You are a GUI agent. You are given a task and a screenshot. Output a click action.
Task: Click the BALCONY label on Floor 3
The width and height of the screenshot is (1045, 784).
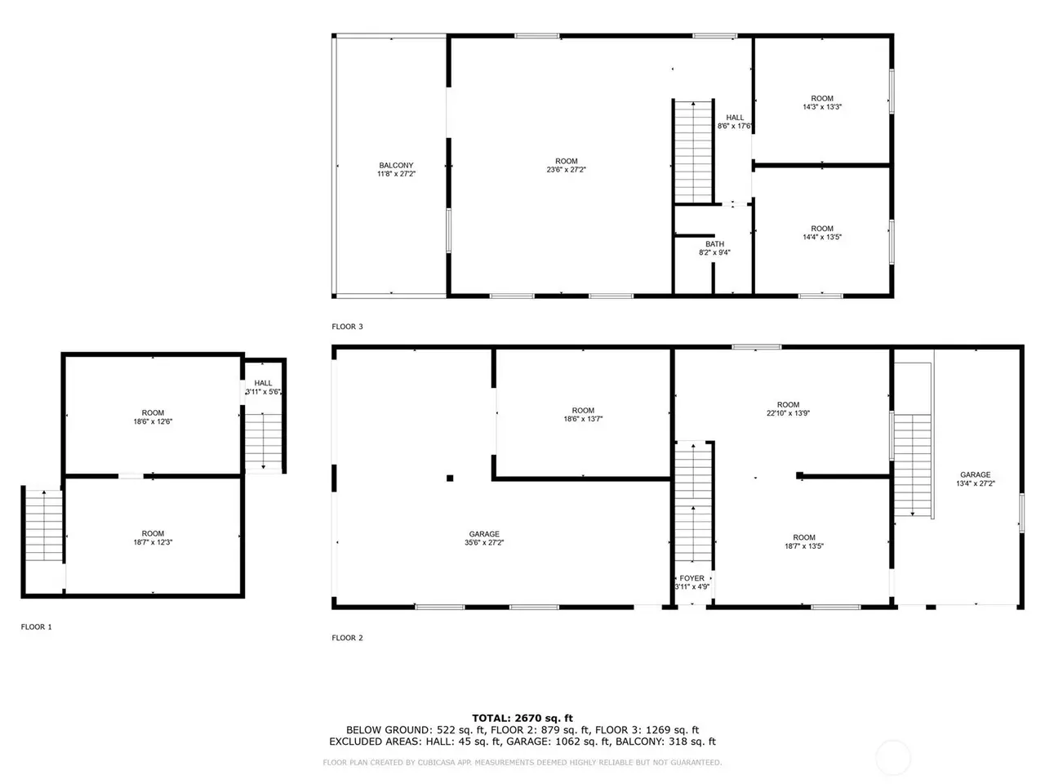click(396, 165)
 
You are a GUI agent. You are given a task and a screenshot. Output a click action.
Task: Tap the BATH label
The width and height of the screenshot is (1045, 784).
click(714, 243)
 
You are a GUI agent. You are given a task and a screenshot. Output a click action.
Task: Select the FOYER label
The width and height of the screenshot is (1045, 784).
click(691, 578)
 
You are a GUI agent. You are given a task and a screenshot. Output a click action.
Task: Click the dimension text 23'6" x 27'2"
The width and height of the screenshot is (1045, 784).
click(566, 170)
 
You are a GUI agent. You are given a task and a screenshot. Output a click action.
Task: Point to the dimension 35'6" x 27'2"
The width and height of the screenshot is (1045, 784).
click(484, 542)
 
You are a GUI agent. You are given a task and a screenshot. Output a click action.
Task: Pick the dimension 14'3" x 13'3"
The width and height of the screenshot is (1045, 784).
click(822, 107)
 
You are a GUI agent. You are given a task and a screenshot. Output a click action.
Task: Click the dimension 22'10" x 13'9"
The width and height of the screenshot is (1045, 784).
click(788, 413)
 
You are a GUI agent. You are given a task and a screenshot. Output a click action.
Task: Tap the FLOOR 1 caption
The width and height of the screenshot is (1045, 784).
click(36, 627)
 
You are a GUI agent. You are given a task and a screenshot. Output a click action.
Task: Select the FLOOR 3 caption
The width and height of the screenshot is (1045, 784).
click(347, 327)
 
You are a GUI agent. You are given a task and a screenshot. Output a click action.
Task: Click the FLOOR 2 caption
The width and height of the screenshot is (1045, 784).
click(347, 638)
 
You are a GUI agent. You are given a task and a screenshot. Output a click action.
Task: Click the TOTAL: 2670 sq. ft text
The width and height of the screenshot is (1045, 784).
click(522, 718)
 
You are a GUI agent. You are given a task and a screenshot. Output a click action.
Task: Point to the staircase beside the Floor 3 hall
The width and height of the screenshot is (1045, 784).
click(693, 152)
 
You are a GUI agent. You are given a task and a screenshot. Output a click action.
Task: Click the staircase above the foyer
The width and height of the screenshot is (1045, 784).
click(693, 502)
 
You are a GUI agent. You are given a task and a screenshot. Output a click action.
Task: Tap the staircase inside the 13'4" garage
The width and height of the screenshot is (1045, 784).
click(912, 465)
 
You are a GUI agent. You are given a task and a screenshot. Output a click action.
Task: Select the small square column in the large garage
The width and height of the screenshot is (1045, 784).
click(450, 478)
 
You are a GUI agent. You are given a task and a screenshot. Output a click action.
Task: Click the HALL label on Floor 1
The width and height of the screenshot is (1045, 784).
click(263, 383)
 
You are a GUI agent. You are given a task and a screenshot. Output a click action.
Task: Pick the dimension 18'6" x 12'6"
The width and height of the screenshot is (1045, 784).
click(153, 421)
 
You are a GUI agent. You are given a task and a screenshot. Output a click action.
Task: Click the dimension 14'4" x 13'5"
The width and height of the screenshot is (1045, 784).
click(822, 237)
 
